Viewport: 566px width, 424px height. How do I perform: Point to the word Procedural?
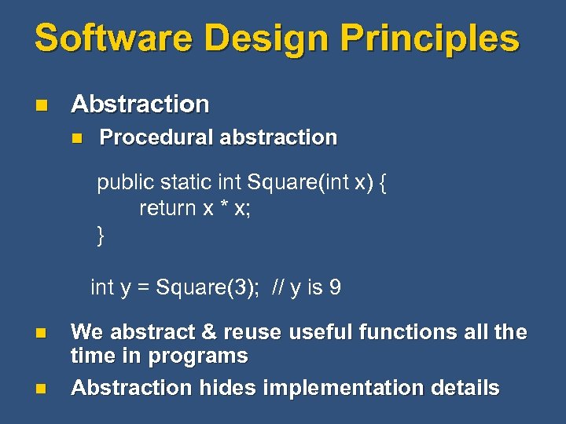pos(156,137)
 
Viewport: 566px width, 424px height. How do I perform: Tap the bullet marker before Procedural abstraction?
pos(76,137)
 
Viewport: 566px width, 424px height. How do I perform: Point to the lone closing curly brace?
pos(101,235)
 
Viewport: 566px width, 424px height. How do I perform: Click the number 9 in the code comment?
pos(335,287)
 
